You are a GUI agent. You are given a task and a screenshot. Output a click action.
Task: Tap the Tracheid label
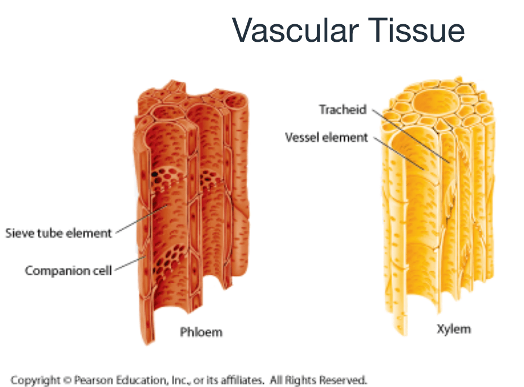343,109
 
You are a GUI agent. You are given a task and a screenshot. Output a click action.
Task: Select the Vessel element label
326,137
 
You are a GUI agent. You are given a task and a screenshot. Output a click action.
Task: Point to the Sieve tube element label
58,233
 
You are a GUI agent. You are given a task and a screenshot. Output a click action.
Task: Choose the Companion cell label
68,270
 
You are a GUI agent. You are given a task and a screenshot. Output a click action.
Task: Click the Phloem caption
201,332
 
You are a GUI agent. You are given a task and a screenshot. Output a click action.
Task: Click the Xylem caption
454,329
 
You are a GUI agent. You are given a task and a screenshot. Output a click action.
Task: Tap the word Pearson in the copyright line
93,380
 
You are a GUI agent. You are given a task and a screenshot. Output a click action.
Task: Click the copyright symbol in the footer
68,380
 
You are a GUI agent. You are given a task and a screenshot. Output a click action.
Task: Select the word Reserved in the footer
343,380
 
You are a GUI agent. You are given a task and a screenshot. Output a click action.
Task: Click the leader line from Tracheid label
411,136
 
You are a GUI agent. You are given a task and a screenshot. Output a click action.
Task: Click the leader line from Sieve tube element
141,219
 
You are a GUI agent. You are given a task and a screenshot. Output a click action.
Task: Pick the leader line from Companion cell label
130,263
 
